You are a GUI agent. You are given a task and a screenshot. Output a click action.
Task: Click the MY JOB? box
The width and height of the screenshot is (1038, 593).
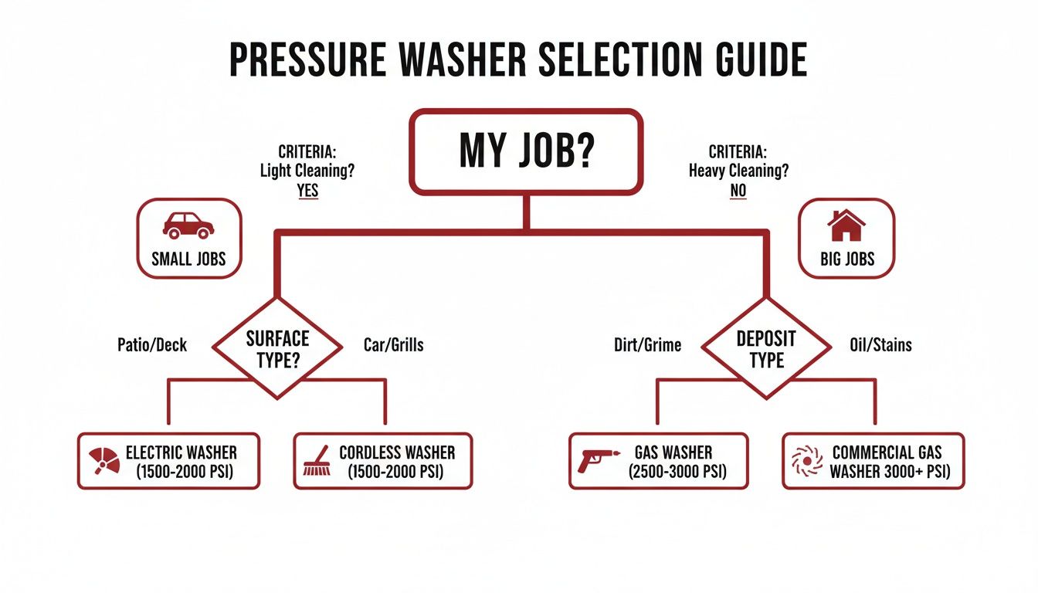click(526, 151)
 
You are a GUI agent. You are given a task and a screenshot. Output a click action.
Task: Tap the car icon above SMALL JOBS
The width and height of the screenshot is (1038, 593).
click(188, 225)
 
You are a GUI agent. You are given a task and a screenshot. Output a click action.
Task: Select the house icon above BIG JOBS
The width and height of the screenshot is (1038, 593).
click(846, 225)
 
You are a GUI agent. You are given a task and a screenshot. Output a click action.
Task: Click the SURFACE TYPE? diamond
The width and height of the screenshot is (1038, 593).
click(277, 347)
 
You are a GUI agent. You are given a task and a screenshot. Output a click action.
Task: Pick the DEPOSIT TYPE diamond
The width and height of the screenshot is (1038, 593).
click(766, 348)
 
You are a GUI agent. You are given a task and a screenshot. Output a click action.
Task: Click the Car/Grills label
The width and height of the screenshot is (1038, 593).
click(393, 345)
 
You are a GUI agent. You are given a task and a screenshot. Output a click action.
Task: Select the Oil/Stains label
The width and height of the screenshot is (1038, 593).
click(880, 345)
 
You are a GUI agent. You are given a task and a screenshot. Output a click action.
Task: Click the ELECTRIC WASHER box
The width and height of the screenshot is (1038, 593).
click(168, 461)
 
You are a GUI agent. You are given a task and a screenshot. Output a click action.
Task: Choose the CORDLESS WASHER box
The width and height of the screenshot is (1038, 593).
click(383, 461)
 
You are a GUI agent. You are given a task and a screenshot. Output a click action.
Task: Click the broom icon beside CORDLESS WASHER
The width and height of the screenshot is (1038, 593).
click(317, 462)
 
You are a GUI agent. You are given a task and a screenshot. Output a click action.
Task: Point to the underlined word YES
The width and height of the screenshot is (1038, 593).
click(307, 191)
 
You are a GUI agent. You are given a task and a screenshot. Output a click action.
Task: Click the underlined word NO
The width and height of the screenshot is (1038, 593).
click(738, 191)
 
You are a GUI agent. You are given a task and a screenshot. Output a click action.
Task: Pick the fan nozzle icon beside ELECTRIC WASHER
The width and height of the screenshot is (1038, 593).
click(104, 460)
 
